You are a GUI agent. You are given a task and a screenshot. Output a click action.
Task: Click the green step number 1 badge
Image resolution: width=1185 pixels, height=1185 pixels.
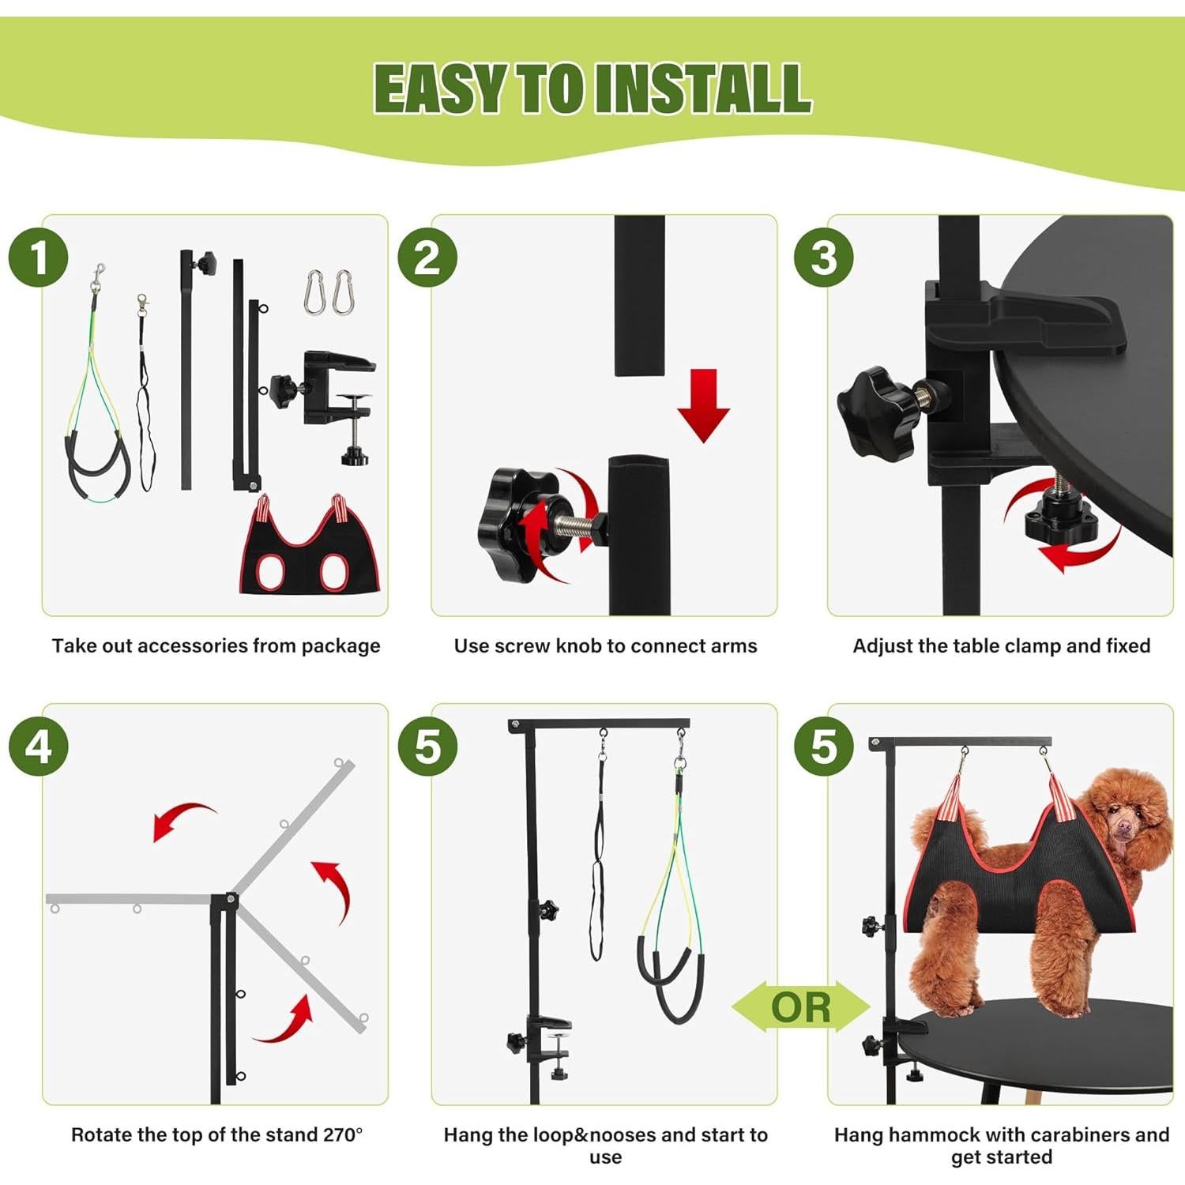[x=38, y=258]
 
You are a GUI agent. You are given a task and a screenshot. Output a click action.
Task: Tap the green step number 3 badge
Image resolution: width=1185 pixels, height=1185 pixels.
[x=823, y=258]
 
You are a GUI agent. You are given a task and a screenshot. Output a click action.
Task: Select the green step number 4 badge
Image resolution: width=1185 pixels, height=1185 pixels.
[x=38, y=747]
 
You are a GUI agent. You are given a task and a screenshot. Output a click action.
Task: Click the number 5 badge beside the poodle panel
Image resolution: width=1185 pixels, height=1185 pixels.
[x=823, y=747]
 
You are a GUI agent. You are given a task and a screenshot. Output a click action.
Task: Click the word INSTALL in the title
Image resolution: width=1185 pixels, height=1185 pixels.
[x=703, y=88]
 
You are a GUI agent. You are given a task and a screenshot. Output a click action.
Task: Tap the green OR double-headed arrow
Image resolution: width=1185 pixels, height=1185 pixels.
[x=800, y=1007]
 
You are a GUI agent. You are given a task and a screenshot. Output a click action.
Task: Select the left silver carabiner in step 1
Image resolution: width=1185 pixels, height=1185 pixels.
[x=314, y=292]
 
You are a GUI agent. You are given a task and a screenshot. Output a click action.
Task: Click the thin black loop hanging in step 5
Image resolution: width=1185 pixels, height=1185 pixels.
[x=598, y=869]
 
